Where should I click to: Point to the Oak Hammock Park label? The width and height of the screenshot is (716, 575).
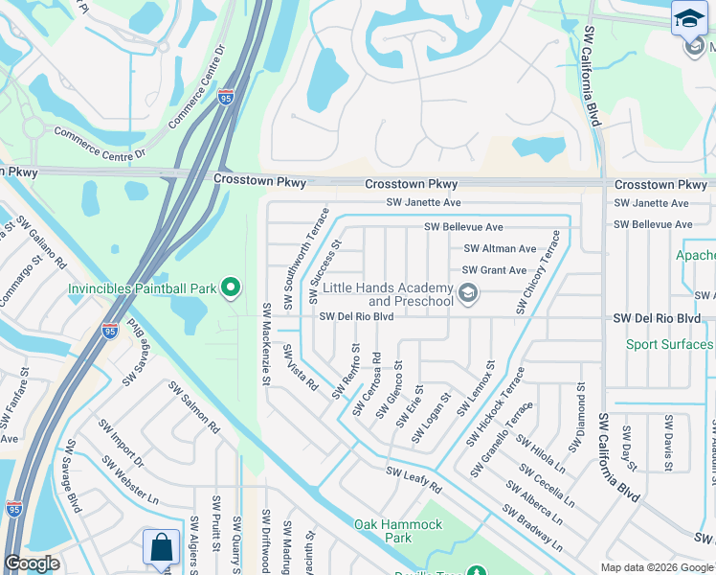(398, 531)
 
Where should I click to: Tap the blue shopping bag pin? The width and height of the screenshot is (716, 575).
(161, 547)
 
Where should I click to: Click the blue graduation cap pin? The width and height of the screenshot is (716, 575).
(688, 19)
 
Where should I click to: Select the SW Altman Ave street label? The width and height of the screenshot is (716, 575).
(500, 248)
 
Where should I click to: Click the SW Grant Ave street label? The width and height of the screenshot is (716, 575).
(495, 270)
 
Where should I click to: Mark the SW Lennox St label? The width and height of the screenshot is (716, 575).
(476, 388)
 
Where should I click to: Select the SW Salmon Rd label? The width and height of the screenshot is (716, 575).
(194, 408)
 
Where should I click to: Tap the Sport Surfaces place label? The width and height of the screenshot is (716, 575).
(670, 344)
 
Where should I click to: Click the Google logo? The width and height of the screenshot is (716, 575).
(33, 563)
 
